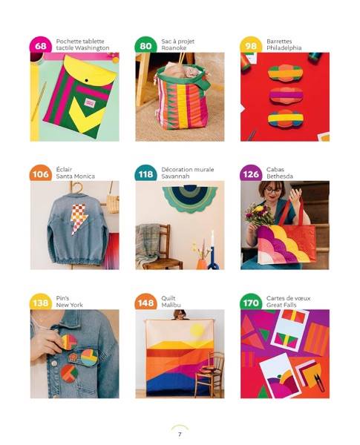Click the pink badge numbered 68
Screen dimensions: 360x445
pyautogui.click(x=41, y=45)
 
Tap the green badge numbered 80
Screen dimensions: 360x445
pyautogui.click(x=145, y=45)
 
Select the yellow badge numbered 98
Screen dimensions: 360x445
pyautogui.click(x=251, y=45)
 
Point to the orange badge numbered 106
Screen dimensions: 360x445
pyautogui.click(x=41, y=174)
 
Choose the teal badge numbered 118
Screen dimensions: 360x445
pyautogui.click(x=145, y=174)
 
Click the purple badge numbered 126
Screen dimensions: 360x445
pyautogui.click(x=251, y=174)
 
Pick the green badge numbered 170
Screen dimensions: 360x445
pyautogui.click(x=251, y=303)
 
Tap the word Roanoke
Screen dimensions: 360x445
pyautogui.click(x=174, y=48)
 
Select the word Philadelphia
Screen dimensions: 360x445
pyautogui.click(x=284, y=48)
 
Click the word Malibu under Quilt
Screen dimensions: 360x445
pyautogui.click(x=171, y=305)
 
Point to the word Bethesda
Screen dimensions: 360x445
pyautogui.click(x=280, y=177)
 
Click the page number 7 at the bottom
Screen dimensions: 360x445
pyautogui.click(x=180, y=435)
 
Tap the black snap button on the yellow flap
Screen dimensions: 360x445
pyautogui.click(x=86, y=81)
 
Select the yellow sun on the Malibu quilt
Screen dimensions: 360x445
pyautogui.click(x=197, y=330)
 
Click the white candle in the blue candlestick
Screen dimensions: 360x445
pyautogui.click(x=212, y=239)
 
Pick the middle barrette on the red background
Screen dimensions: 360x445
pyautogui.click(x=285, y=95)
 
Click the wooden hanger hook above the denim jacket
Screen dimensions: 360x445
pyautogui.click(x=77, y=188)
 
